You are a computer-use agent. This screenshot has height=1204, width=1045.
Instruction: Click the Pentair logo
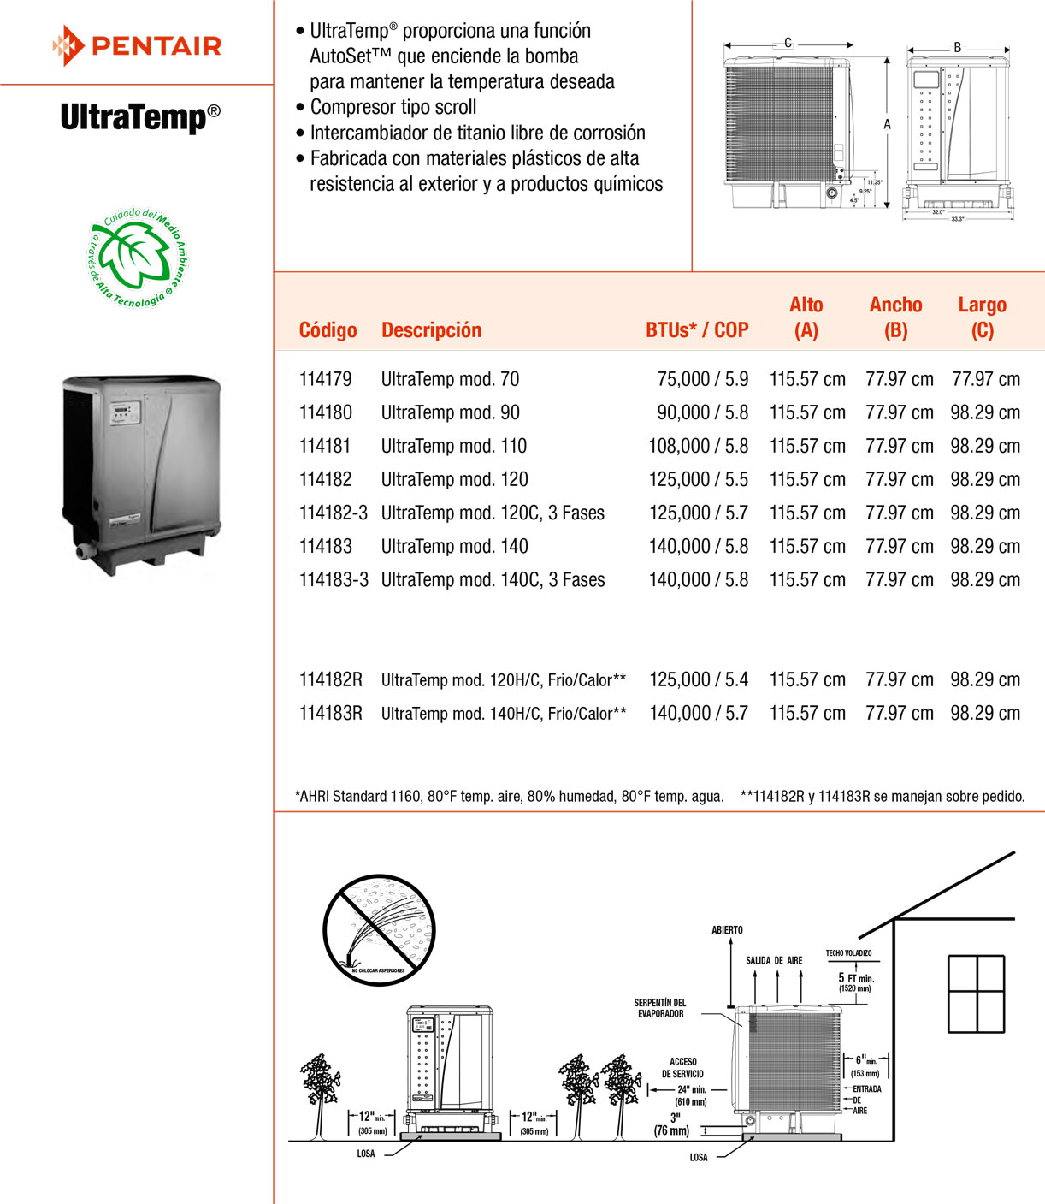pos(137,45)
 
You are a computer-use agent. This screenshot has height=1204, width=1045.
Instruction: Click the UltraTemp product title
pos(140,116)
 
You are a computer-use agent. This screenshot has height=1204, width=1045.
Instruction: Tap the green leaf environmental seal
pos(138,257)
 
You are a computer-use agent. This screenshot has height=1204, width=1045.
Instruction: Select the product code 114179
pos(325,379)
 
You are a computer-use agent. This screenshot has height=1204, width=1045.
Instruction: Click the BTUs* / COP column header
pos(697,330)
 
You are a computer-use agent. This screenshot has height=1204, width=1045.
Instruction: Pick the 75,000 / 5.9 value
pos(702,379)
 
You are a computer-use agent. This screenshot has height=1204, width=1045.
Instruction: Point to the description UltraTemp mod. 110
pos(453,446)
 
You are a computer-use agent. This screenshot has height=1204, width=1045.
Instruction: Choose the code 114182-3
pos(333,513)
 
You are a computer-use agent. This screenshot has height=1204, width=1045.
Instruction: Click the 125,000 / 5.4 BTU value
pos(698,679)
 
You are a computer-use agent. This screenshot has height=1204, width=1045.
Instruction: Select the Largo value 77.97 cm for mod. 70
pos(985,379)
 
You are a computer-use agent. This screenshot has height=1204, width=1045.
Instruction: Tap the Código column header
pos(328,330)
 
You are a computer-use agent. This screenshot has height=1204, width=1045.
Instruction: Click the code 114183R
pos(330,713)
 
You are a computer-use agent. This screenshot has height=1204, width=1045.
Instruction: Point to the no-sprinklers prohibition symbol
pos(380,929)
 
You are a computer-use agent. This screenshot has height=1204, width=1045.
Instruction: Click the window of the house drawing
pos(976,993)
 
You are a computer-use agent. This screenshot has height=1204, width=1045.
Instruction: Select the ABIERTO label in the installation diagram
pos(727,930)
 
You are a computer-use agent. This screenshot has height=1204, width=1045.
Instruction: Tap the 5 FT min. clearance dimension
pos(855,978)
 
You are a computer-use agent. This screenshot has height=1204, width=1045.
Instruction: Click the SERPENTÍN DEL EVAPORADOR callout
pos(660,1008)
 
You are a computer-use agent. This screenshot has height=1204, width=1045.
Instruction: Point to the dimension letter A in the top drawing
pos(887,125)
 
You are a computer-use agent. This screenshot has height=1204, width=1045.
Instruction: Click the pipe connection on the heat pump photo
pos(85,550)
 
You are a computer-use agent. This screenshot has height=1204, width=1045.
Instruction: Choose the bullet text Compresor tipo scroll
pos(393,107)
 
